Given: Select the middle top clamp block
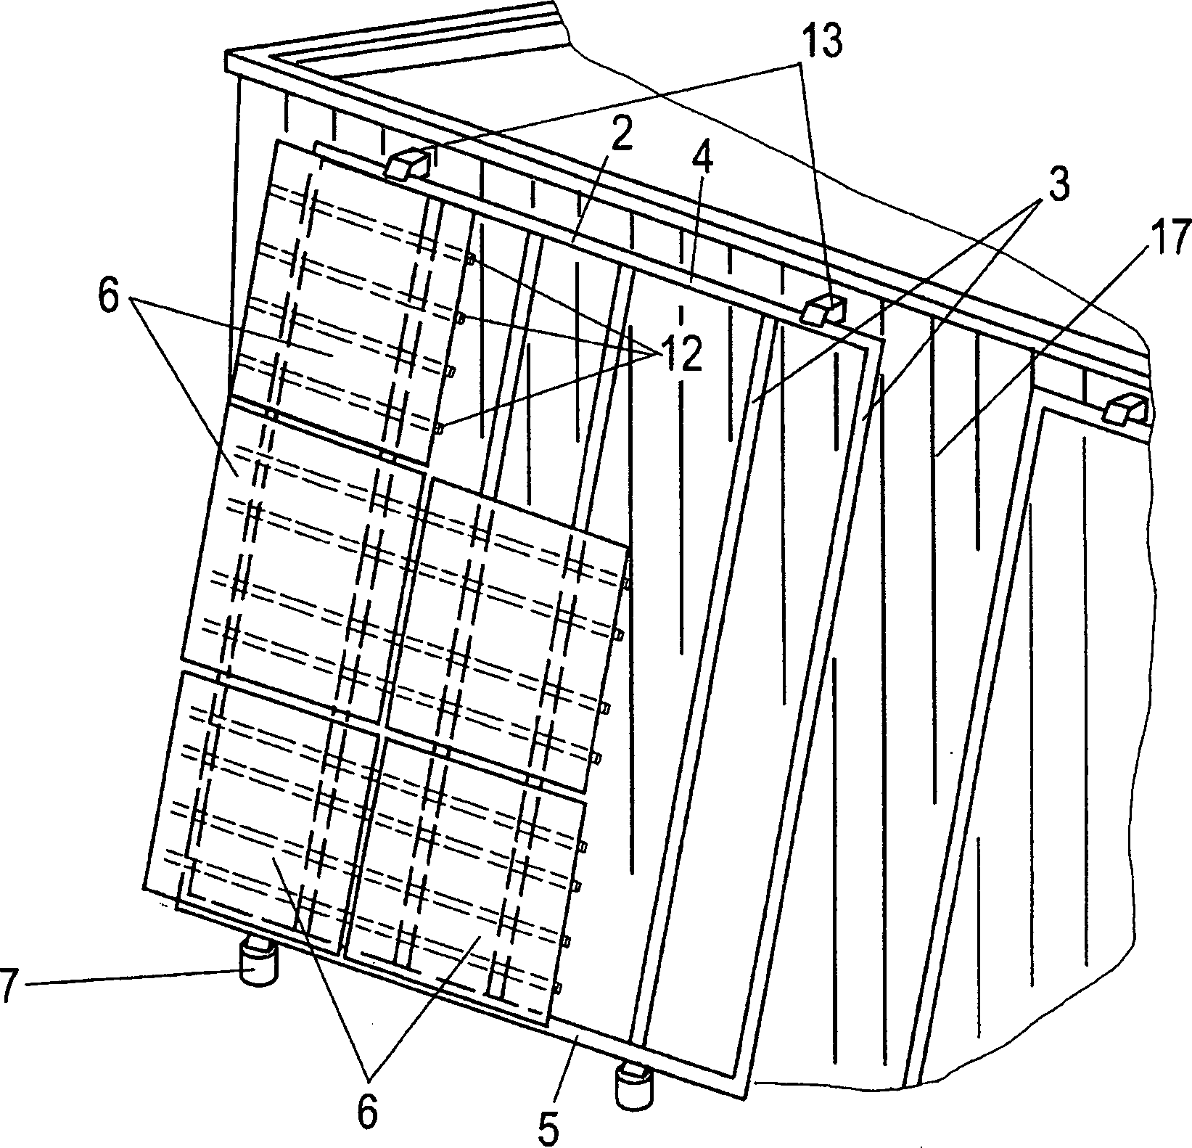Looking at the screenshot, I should tap(822, 308).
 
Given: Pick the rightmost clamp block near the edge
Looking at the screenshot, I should tap(1123, 409).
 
